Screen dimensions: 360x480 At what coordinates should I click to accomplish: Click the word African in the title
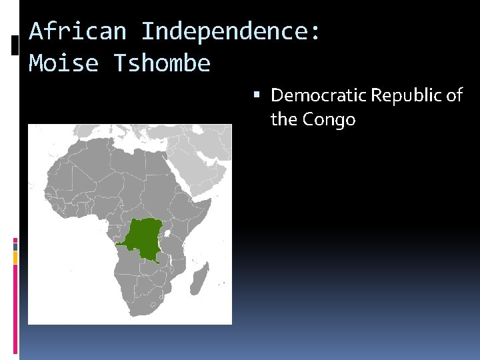point(77,31)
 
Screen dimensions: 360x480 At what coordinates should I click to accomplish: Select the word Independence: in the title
point(231,31)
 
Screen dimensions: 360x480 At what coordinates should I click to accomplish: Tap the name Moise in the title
point(63,63)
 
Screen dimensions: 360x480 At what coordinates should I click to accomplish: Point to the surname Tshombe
point(162,63)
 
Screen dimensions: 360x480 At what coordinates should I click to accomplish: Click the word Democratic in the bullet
point(318,95)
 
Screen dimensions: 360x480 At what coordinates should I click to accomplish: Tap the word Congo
point(329,120)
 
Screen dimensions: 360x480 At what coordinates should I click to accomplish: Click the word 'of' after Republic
point(454,95)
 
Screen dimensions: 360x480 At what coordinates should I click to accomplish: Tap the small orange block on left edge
point(15,257)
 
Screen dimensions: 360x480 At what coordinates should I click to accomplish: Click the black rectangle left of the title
point(15,45)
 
